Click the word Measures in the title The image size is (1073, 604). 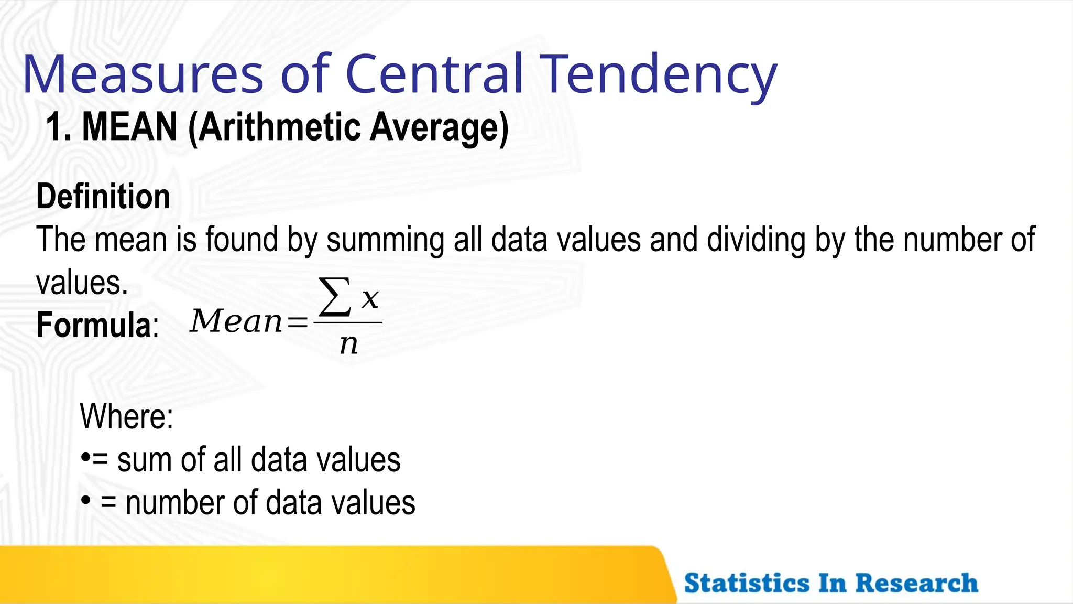point(143,74)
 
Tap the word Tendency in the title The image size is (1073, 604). point(659,74)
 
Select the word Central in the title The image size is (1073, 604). point(434,74)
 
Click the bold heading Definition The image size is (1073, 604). point(103,197)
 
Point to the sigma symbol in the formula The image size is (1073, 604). point(335,298)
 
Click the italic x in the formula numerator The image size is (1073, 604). point(370,299)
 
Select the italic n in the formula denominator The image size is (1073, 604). point(348,344)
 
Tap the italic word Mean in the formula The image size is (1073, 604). point(236,321)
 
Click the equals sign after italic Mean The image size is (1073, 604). point(297,322)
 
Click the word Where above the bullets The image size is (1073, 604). point(126,416)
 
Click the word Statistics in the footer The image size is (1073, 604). point(746,583)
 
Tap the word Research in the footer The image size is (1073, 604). point(916,583)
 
